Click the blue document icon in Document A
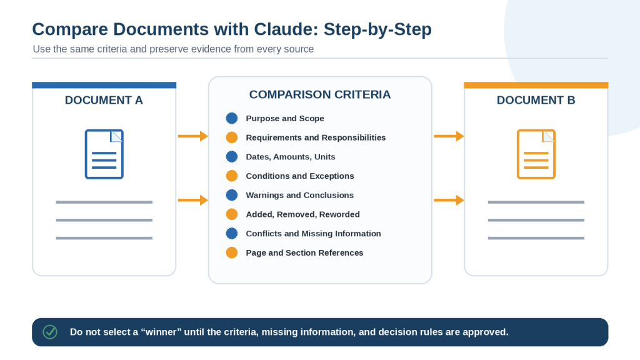pos(104,154)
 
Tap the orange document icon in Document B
pos(536,154)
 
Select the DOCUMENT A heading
pos(104,100)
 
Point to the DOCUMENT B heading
pos(536,100)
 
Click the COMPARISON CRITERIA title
pos(320,94)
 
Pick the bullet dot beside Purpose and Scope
pos(232,118)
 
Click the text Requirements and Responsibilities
pos(316,137)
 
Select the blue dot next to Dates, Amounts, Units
pos(232,157)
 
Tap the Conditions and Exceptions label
pos(300,176)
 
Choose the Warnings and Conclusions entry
pos(299,195)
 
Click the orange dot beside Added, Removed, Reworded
pos(232,214)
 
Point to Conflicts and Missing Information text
pos(314,234)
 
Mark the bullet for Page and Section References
pos(232,252)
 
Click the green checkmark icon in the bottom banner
pos(50,332)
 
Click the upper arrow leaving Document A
pos(193,136)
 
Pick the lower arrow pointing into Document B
pos(449,200)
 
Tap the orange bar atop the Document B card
pos(536,85)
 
